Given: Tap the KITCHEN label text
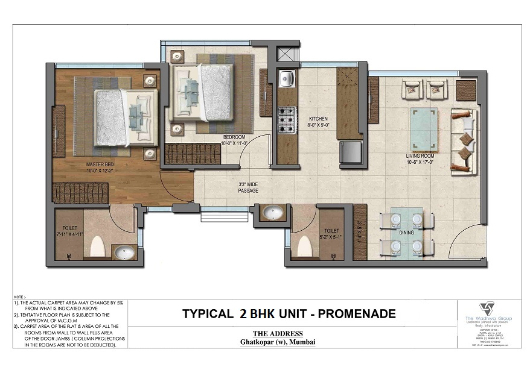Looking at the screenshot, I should (x=318, y=119).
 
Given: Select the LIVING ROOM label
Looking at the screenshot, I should (x=420, y=156).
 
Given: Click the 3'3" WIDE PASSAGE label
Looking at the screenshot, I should (x=247, y=187).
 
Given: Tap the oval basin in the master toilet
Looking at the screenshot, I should (x=124, y=252).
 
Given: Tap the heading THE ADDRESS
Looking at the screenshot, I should (x=278, y=333).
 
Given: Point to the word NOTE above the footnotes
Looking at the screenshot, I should (x=19, y=297).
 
